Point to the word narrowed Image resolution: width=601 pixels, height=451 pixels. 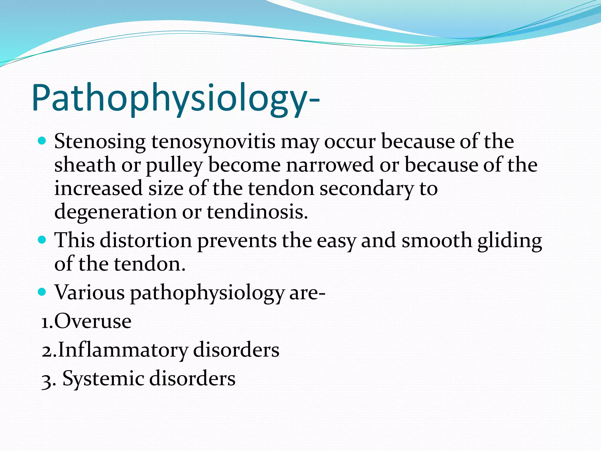tap(330, 165)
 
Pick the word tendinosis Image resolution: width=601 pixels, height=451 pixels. tap(257, 212)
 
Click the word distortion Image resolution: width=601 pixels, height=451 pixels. tap(146, 240)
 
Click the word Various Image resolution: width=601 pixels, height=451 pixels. tap(90, 292)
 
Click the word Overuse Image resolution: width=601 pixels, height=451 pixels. tap(93, 321)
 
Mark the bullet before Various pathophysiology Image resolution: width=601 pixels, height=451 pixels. tap(42, 292)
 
